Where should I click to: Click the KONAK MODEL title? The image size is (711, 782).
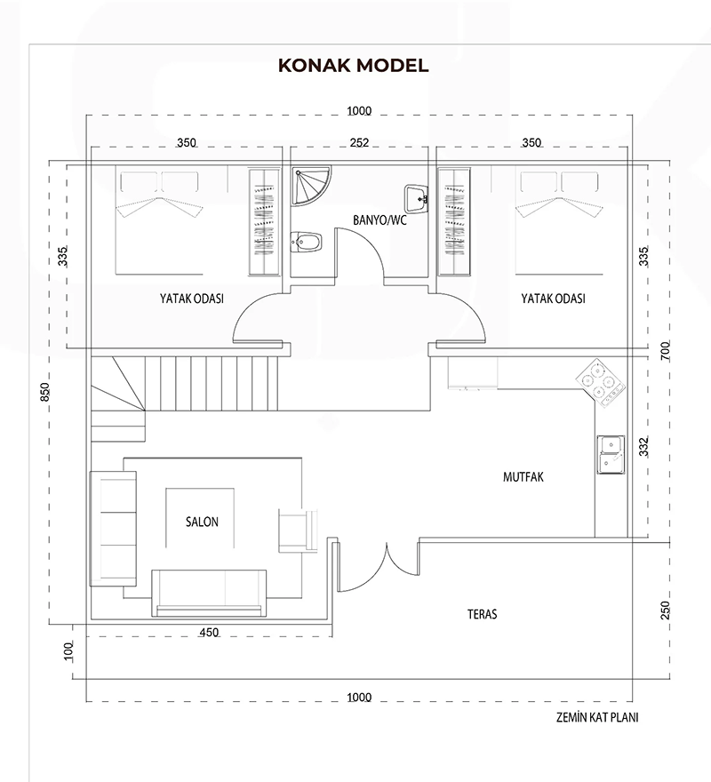353,66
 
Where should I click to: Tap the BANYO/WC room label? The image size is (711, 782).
379,220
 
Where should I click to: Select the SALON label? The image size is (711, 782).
202,522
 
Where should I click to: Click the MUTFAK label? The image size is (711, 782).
523,477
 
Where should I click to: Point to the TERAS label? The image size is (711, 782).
482,614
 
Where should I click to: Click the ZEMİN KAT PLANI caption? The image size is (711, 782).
597,717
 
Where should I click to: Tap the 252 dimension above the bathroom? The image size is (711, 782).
359,143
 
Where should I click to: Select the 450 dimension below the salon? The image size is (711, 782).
209,633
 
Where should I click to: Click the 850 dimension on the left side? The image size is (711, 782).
45,392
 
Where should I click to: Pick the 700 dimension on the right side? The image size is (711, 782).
666,351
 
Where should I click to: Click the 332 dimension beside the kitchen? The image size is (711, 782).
643,446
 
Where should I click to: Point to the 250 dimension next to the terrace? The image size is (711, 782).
665,610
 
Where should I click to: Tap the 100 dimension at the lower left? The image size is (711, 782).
68,651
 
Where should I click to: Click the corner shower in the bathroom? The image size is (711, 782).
311,186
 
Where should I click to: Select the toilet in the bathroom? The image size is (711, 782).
306,242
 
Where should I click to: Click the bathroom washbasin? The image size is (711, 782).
417,199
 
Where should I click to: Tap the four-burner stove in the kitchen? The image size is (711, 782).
601,385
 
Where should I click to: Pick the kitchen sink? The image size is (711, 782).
611,454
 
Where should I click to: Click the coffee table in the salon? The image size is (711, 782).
200,518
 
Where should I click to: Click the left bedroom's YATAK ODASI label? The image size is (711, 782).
192,299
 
